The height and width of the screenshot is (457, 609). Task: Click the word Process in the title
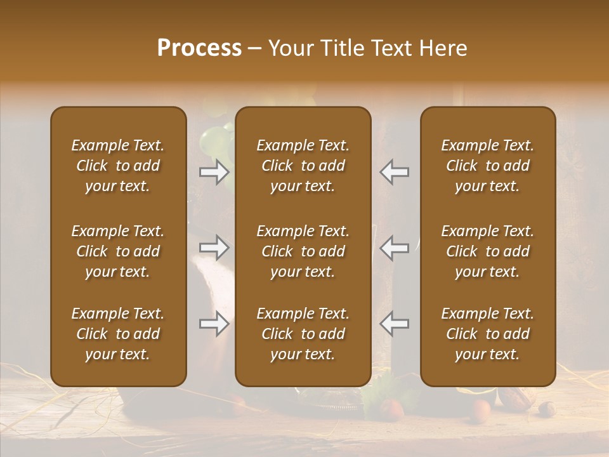199,48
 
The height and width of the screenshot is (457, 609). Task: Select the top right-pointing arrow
214,172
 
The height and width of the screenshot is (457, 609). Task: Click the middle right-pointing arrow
214,247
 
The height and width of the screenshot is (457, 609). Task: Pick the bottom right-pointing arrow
214,324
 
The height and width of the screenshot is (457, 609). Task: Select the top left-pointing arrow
394,172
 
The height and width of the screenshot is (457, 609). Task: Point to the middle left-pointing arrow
394,247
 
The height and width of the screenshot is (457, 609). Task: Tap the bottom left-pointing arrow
394,324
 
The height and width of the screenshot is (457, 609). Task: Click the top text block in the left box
118,166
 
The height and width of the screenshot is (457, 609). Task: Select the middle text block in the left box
118,251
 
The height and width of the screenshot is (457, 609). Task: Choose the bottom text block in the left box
118,334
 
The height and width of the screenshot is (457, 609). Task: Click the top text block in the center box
303,166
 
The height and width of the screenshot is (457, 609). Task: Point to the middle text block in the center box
303,251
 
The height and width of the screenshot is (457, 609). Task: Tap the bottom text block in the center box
303,334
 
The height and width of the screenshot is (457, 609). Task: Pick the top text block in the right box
487,166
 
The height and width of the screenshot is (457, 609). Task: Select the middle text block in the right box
487,251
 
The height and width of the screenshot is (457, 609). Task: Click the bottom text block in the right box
487,334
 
